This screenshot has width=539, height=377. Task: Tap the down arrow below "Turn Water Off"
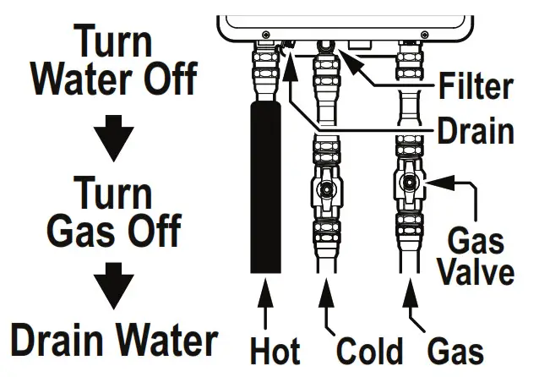112,136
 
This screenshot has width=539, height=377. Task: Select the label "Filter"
476,86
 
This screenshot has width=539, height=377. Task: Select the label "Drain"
475,131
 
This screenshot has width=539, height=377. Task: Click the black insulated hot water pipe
266,186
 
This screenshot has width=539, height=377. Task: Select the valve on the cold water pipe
325,194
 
